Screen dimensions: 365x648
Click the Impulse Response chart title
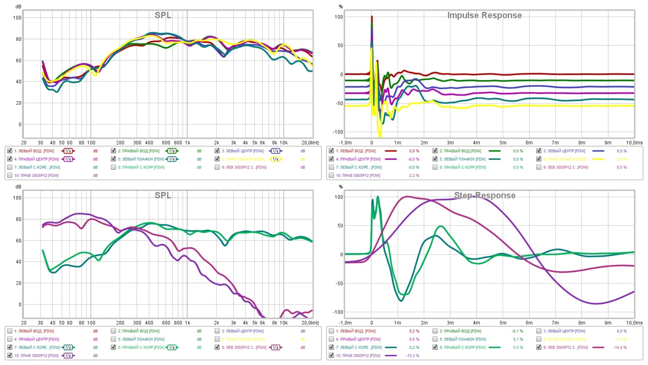click(484, 15)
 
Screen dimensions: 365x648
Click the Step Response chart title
click(484, 195)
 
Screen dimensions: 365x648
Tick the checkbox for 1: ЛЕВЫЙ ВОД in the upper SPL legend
click(10, 151)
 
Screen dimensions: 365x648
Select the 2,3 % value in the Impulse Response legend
click(414, 175)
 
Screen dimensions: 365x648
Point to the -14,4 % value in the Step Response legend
click(620, 347)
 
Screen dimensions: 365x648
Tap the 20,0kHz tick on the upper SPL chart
click(310, 143)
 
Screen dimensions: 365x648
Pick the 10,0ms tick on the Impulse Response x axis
click(634, 143)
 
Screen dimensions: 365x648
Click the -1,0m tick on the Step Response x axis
click(345, 323)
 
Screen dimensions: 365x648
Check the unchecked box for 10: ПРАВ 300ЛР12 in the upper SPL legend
click(10, 175)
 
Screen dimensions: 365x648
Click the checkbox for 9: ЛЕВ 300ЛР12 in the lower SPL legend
click(217, 347)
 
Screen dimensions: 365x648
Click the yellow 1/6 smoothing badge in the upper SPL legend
click(275, 159)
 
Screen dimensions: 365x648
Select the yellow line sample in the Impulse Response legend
click(598, 159)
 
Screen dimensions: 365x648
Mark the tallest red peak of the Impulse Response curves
click(372, 17)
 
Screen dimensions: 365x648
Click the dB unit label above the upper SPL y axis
click(18, 7)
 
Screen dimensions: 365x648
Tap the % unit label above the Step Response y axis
click(341, 187)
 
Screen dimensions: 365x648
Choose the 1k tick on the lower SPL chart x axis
click(187, 323)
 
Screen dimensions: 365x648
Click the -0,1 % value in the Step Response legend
click(517, 331)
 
